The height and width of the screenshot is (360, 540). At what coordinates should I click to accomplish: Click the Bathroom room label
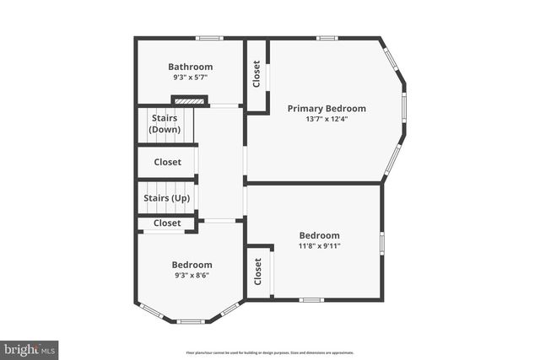click(190, 67)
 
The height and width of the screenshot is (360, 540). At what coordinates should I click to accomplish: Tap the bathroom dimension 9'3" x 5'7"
click(190, 78)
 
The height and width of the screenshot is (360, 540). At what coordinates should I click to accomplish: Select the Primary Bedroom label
click(327, 108)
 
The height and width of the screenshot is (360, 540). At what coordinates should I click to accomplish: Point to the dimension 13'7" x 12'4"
click(327, 119)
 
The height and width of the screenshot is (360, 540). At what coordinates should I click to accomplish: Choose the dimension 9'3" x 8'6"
click(192, 275)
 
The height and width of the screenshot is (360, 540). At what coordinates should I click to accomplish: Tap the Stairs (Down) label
click(164, 124)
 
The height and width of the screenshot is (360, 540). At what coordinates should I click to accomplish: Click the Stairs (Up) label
click(166, 198)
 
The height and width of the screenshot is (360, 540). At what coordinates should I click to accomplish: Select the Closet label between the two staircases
click(167, 162)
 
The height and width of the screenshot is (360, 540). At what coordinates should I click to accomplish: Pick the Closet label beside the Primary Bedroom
click(256, 74)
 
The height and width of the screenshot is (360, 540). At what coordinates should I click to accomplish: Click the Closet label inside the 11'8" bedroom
click(258, 271)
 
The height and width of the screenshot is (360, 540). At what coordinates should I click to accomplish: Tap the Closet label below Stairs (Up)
click(167, 223)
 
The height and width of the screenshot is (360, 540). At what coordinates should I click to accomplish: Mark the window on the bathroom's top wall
click(209, 38)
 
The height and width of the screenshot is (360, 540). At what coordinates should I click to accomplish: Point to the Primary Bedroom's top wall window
click(327, 38)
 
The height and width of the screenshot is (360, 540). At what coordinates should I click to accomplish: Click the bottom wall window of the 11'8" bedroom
click(311, 299)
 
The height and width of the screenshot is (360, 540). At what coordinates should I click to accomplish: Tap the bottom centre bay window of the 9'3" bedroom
click(190, 320)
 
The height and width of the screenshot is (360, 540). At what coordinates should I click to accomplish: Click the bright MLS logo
click(30, 348)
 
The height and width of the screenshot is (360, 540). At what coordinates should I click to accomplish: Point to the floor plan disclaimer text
click(270, 352)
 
